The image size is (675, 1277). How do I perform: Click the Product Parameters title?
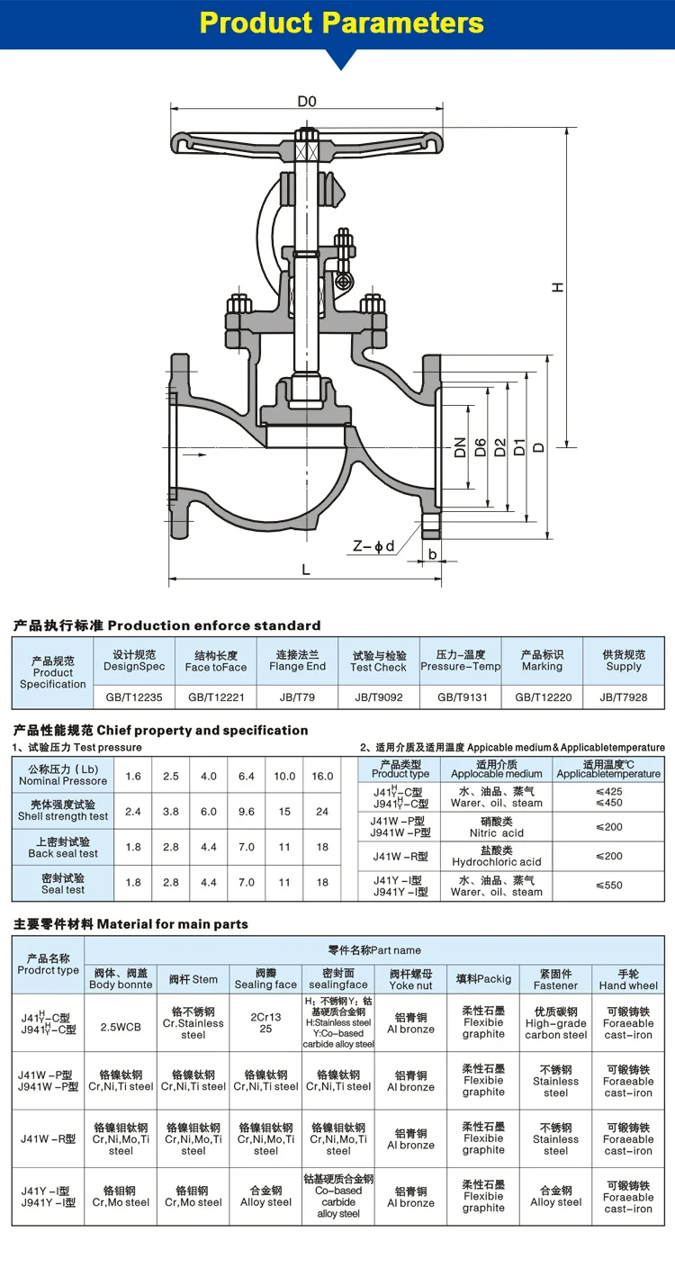coord(341,22)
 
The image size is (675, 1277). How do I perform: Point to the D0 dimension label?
coord(307,102)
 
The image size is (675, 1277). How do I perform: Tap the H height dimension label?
coord(559,287)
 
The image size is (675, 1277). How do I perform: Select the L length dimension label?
coord(306,570)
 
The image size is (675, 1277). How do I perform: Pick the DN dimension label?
coord(461,447)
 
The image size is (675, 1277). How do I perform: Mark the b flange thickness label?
coord(432,554)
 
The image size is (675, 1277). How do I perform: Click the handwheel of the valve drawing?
coord(307,144)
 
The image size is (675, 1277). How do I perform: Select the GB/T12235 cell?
coord(134,697)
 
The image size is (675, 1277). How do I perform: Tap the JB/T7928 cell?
coord(624,697)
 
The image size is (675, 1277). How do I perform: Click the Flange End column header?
coord(297,661)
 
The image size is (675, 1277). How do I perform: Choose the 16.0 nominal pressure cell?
coord(322,776)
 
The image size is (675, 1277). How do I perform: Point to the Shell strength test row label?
coord(63,811)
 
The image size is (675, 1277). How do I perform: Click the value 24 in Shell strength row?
coord(322,811)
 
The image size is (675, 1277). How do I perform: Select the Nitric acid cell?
coord(497,827)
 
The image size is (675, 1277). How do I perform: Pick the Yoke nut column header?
coord(410,979)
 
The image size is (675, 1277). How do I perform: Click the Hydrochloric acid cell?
coord(497,856)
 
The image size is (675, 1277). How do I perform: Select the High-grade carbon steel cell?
coord(556,1023)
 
